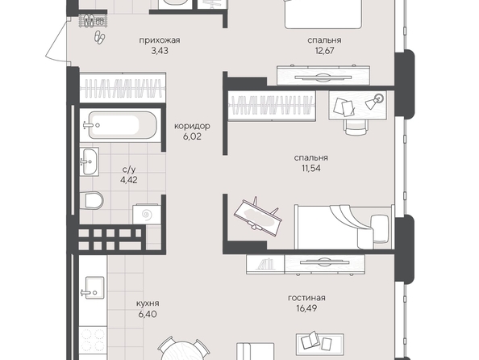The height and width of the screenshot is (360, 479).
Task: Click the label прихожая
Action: tap(160, 40)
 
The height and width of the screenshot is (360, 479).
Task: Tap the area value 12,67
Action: tap(324, 51)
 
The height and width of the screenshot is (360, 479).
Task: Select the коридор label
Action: tap(192, 126)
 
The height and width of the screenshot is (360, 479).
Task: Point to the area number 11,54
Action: tap(311, 168)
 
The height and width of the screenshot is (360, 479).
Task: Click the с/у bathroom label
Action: tap(129, 170)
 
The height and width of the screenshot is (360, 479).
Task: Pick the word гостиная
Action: tap(306, 298)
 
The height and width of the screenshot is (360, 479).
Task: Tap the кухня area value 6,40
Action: tap(148, 314)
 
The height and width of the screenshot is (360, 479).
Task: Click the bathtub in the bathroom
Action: tap(123, 125)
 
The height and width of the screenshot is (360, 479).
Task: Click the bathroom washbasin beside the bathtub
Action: tap(90, 161)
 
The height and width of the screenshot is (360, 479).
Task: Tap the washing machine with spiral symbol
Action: tap(147, 214)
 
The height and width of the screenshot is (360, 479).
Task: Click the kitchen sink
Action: tap(94, 287)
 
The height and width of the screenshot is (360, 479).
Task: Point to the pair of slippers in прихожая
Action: tap(99, 38)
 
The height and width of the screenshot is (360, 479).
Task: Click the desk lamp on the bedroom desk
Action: tap(376, 101)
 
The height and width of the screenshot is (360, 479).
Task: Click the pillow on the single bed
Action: tap(380, 228)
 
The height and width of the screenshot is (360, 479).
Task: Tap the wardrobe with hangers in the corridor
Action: tap(123, 88)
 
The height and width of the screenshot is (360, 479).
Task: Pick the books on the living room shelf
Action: tap(264, 264)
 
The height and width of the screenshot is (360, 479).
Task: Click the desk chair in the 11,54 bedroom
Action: tap(356, 126)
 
